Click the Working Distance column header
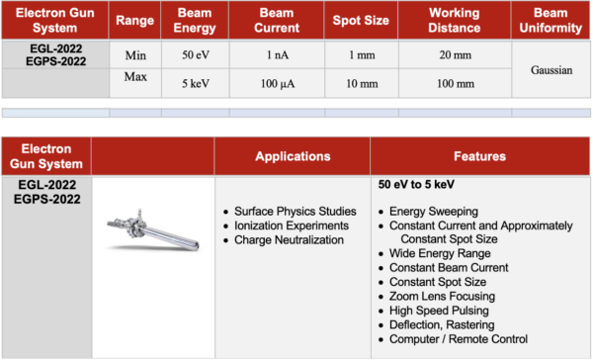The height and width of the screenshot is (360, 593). click(454, 21)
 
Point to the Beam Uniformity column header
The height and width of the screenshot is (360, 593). click(556, 21)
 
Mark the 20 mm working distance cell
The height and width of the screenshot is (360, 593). click(454, 56)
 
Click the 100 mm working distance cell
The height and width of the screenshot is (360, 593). click(454, 84)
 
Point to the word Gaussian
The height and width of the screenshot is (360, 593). click(556, 71)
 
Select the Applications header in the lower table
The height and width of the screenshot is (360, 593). click(293, 156)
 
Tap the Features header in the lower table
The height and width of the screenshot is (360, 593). click(480, 156)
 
